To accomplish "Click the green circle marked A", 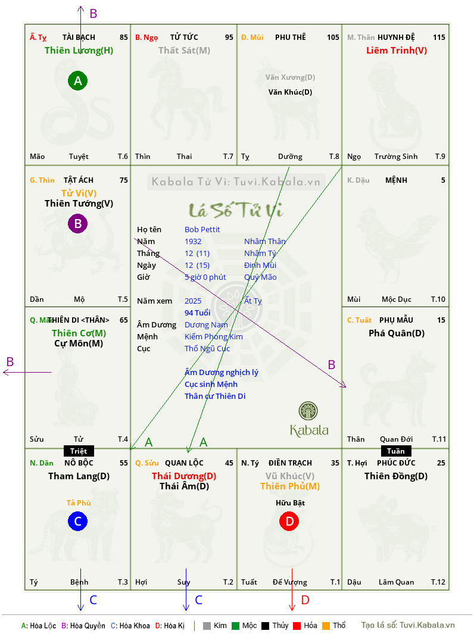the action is tap(77, 80).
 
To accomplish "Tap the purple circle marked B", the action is tap(77, 223).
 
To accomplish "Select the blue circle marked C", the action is tap(77, 522).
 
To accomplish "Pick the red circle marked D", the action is tap(289, 522).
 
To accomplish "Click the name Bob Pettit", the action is tap(202, 230).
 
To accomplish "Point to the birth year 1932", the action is tap(193, 241).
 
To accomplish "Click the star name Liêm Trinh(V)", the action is tap(397, 51).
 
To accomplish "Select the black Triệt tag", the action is tap(79, 451).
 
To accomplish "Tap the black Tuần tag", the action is tap(396, 451).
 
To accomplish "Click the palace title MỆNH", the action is tap(396, 180).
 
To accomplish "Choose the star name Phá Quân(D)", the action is tap(397, 333).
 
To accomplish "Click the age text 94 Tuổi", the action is tap(198, 313).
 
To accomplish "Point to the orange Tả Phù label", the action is tap(79, 503).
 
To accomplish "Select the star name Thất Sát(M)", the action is tap(184, 51).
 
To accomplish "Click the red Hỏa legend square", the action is tap(297, 626).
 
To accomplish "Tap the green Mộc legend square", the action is tap(235, 626).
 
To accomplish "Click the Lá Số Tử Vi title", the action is tap(236, 210).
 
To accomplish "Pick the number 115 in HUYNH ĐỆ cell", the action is tap(439, 38).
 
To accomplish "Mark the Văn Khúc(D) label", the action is tap(290, 92).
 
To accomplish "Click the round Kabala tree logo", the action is tap(308, 411).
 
